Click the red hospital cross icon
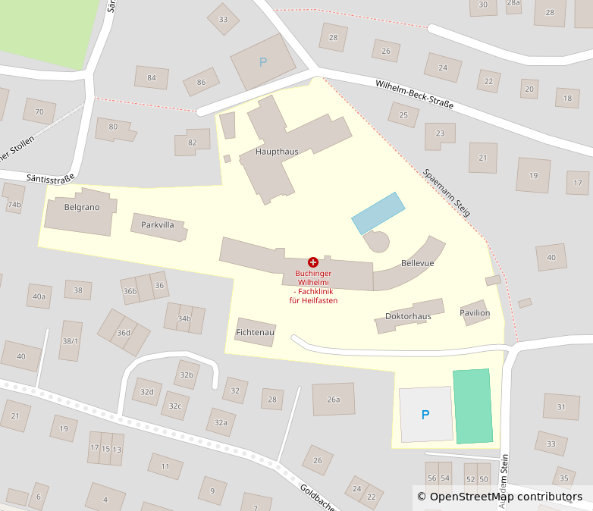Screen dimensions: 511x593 click(313, 262)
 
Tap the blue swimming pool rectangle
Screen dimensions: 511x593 click(378, 213)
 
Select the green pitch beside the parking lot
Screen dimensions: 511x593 click(472, 406)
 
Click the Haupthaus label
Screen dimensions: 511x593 click(277, 152)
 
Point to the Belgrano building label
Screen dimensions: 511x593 click(82, 207)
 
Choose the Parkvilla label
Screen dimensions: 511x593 click(158, 225)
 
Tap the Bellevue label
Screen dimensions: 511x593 click(417, 263)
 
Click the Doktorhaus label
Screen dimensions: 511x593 click(408, 316)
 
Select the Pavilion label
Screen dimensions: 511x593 click(475, 312)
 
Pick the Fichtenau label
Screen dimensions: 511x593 click(255, 332)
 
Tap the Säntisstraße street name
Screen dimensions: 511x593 click(50, 178)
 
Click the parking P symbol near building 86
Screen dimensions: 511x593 click(263, 62)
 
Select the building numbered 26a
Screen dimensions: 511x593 click(334, 400)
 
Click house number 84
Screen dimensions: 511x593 click(152, 77)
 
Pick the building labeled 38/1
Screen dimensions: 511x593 click(70, 341)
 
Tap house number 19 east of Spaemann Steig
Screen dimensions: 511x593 click(533, 176)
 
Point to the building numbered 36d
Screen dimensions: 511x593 click(124, 332)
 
